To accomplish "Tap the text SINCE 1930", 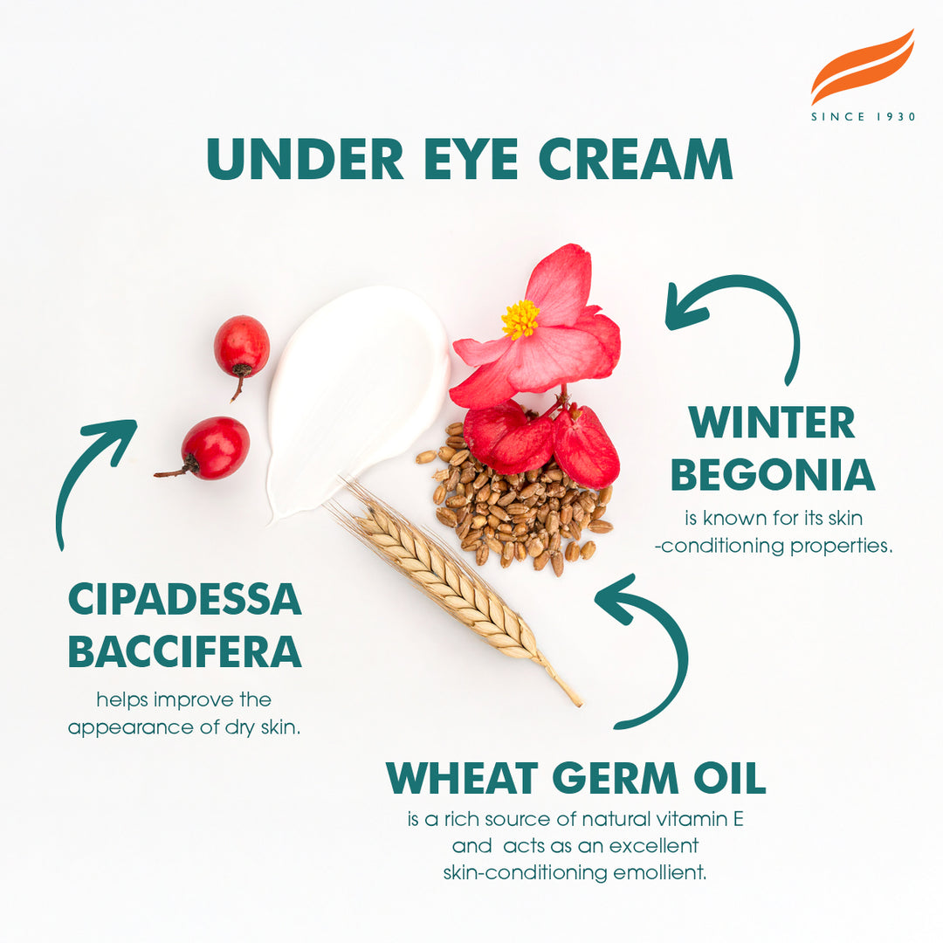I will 863,117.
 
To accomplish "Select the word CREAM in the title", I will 636,160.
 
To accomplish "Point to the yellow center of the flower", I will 520,320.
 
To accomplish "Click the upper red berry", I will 242,346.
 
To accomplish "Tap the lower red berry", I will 215,447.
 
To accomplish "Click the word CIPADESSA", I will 184,599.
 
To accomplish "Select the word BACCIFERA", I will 184,651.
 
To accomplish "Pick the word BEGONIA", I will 772,475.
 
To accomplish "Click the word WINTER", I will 772,423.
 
